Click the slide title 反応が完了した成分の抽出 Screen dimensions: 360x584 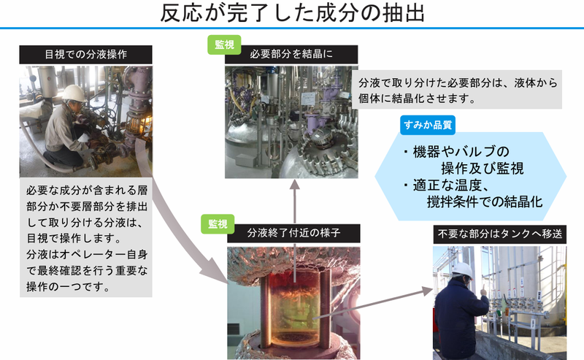[291, 13]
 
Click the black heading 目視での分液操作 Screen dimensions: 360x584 [85, 54]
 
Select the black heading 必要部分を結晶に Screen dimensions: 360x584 [291, 54]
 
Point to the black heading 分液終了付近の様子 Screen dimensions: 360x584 [293, 234]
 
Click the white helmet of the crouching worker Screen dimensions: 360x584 [72, 92]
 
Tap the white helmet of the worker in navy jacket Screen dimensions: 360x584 [461, 269]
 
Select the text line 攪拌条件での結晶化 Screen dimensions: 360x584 [485, 203]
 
